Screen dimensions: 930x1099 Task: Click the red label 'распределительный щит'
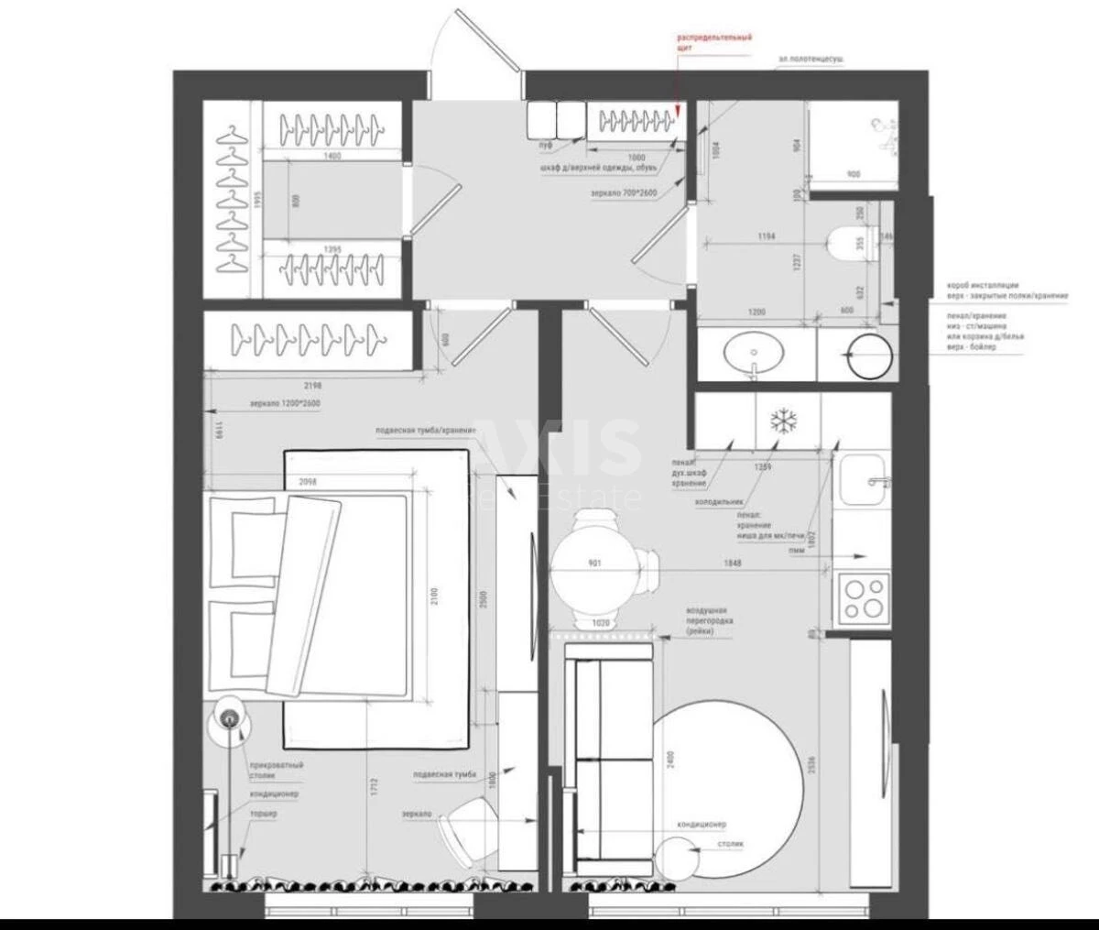pos(714,42)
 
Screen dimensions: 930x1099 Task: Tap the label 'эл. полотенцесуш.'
pos(811,59)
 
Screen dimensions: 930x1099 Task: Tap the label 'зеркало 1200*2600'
pos(285,403)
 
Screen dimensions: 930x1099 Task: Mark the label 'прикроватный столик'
pos(276,771)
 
